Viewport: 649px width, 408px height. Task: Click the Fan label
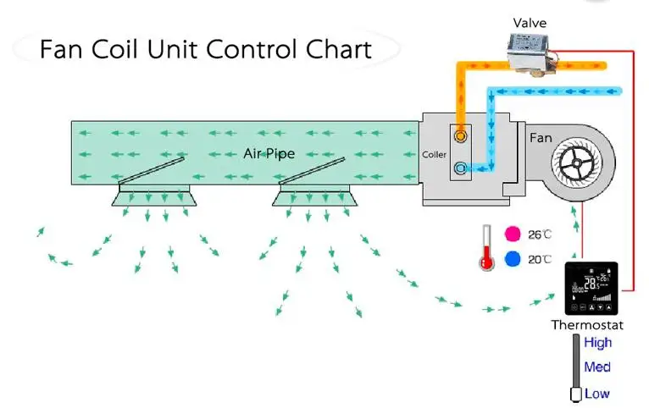(x=541, y=136)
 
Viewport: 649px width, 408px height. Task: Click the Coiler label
(x=434, y=155)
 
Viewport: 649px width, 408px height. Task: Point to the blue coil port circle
(x=460, y=168)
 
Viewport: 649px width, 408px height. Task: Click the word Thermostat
(x=587, y=325)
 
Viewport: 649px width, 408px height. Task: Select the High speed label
(x=597, y=343)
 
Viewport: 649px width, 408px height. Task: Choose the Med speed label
(x=596, y=367)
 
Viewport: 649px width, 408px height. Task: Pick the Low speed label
(x=596, y=393)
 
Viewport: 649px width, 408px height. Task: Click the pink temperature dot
(x=512, y=234)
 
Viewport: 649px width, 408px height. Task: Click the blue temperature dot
(x=512, y=260)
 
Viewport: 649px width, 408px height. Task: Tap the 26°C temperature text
(x=540, y=234)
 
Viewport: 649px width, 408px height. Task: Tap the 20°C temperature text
(x=540, y=260)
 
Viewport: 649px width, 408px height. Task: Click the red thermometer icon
(x=486, y=248)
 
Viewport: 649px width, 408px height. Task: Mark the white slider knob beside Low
(x=576, y=394)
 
